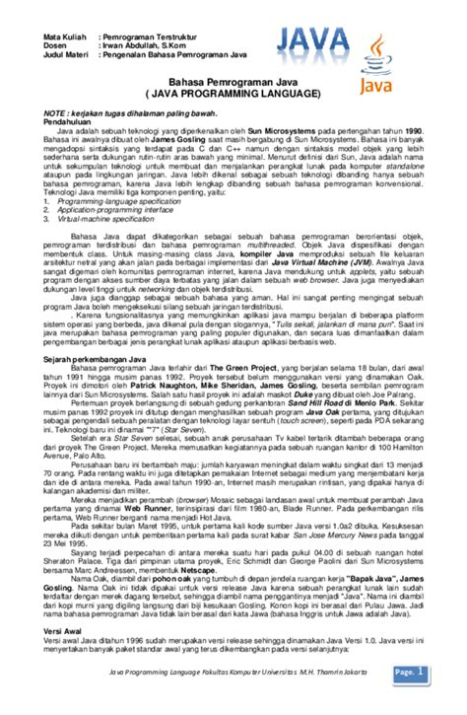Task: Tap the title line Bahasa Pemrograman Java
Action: [x=233, y=82]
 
